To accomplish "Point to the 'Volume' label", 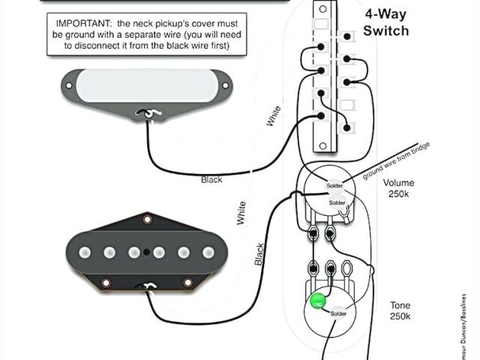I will [x=398, y=183].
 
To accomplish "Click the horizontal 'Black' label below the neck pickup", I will [x=211, y=180].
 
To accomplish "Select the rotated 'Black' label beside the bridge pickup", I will [x=259, y=254].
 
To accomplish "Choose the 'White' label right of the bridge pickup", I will [x=241, y=213].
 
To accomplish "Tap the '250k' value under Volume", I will [x=398, y=195].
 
